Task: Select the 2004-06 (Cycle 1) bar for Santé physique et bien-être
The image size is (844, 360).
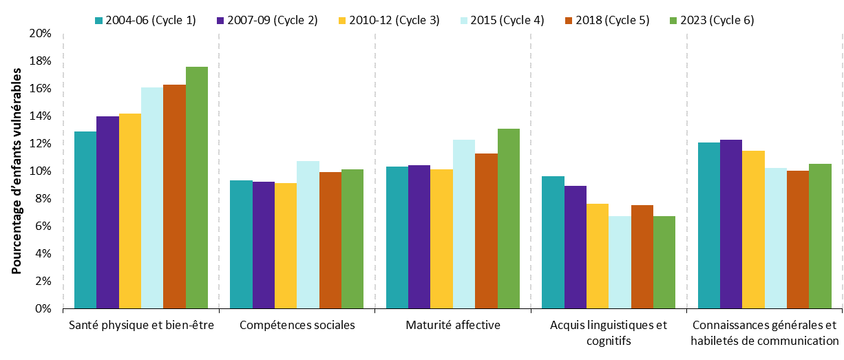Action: click(85, 220)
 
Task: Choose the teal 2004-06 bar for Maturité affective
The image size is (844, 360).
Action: click(397, 237)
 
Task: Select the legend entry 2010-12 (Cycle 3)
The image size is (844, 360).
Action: click(393, 20)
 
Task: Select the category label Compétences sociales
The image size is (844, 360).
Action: click(297, 326)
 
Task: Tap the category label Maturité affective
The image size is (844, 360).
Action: click(453, 326)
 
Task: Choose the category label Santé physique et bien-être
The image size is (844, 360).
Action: click(141, 326)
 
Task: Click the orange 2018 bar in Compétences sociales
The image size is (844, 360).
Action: click(330, 240)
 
